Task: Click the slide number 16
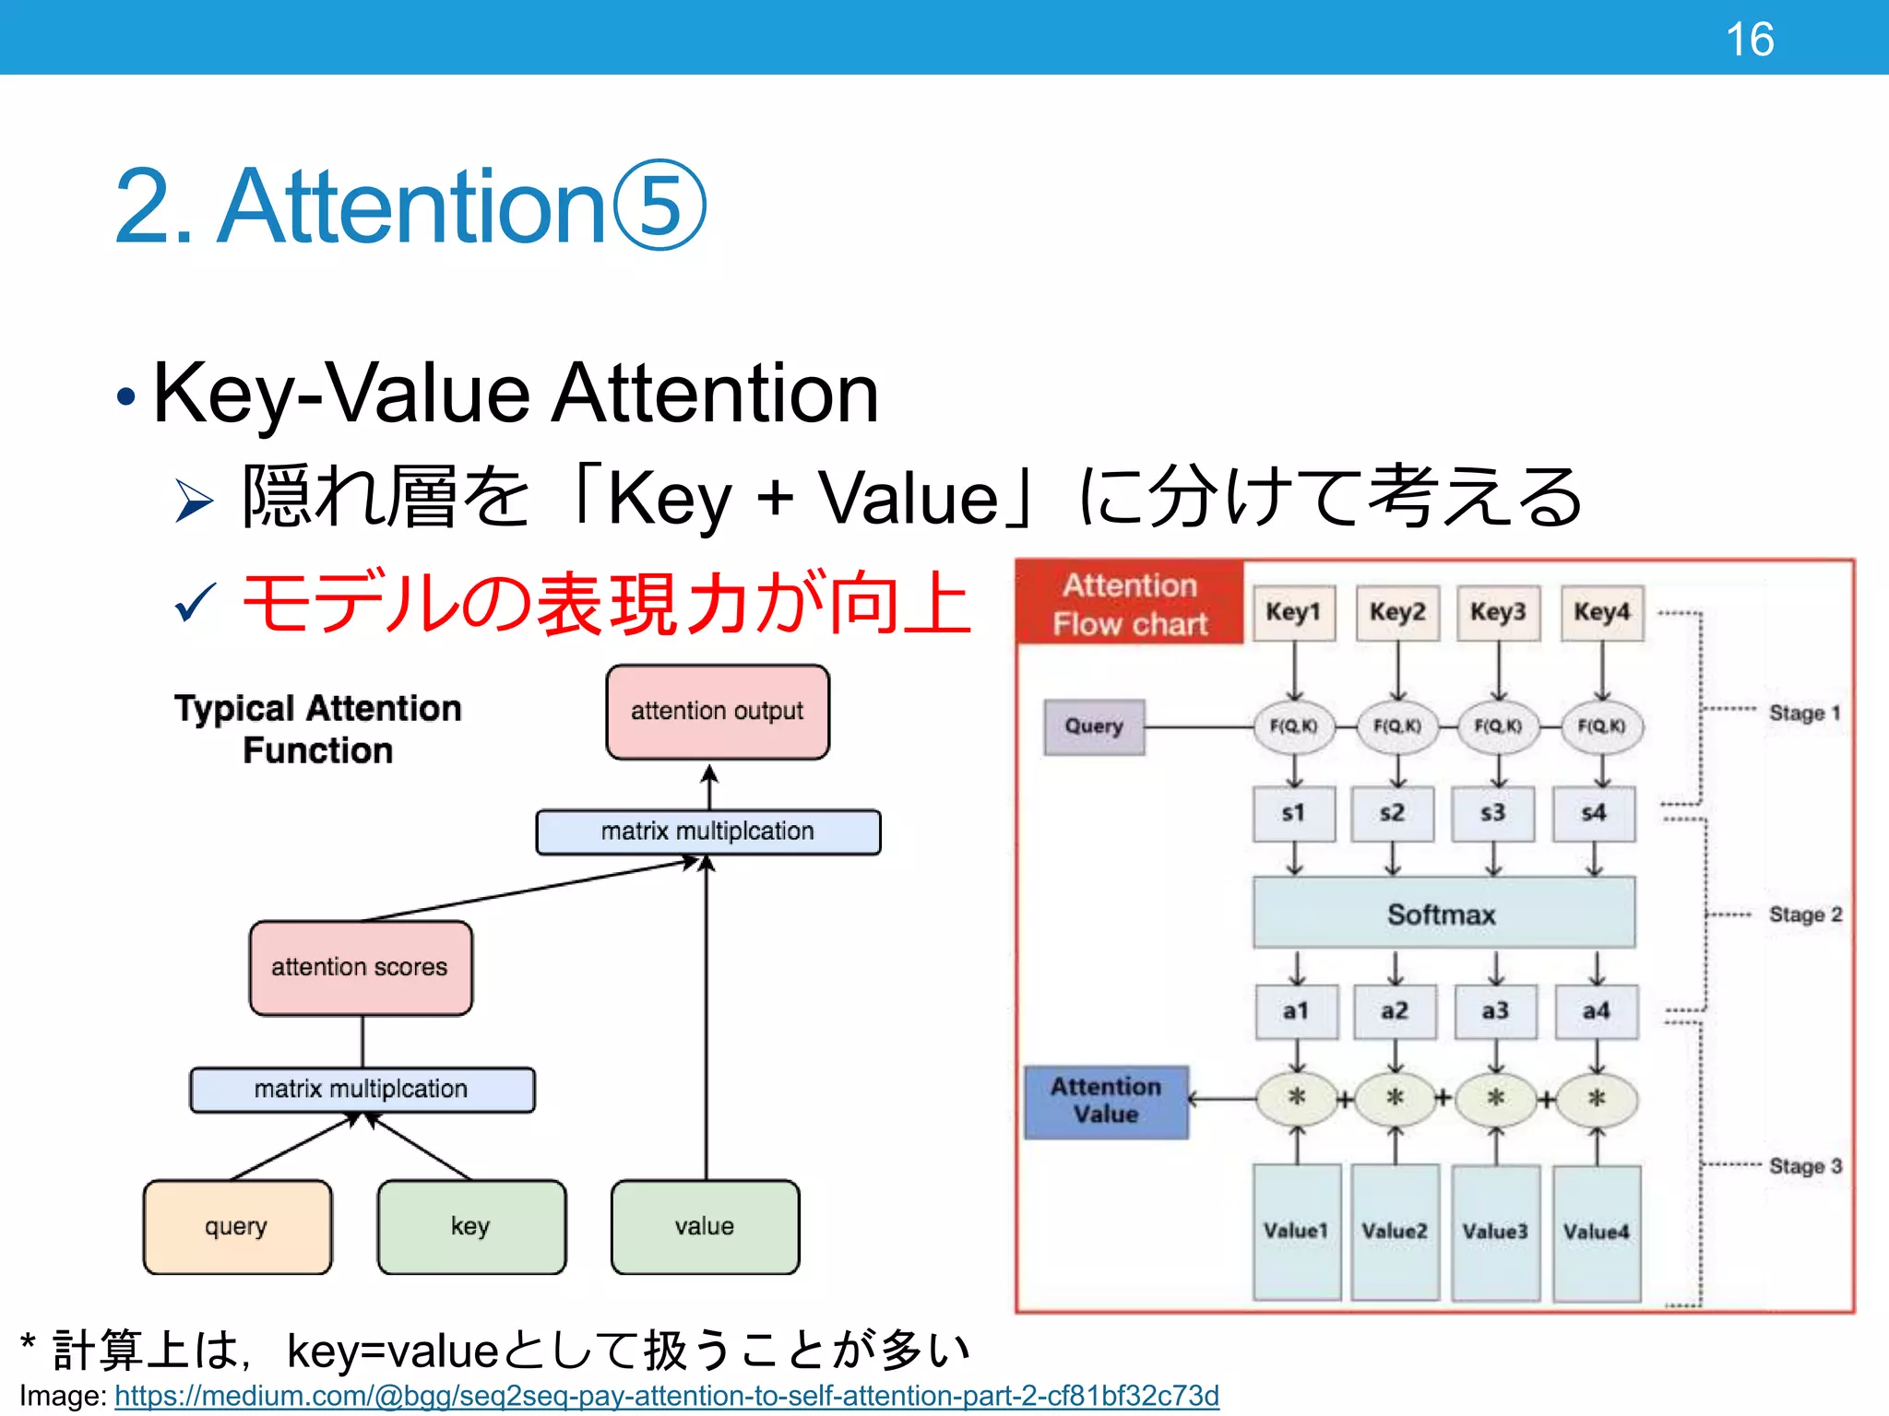(1749, 40)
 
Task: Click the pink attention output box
(717, 712)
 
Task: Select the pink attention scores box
(361, 967)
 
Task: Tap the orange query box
(237, 1227)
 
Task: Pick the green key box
(471, 1227)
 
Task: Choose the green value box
(705, 1227)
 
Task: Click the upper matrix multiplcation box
(707, 832)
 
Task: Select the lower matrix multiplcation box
(362, 1090)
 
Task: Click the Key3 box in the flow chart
(1498, 612)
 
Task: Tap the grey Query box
(1094, 726)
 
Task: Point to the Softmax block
(1443, 914)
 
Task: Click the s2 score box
(1392, 813)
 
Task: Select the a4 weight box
(1596, 1011)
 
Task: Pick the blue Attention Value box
(1106, 1101)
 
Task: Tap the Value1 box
(1296, 1231)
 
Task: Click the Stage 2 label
(1804, 914)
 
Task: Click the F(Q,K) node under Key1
(1293, 726)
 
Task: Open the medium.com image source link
(666, 1396)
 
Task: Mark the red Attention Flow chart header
(1130, 604)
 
